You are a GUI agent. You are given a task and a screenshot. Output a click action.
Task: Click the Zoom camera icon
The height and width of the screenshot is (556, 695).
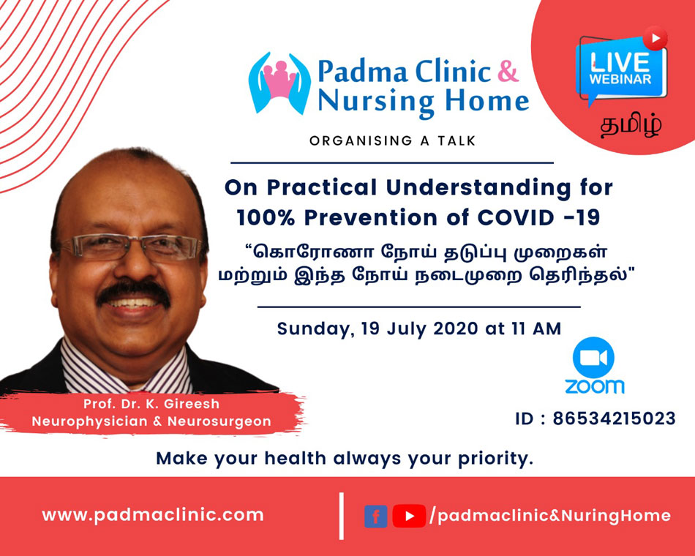pos(593,358)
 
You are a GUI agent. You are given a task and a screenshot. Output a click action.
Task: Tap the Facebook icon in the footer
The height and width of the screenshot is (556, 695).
pos(376,516)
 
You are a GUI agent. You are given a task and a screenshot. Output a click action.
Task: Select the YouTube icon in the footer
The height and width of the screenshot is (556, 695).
pos(409,516)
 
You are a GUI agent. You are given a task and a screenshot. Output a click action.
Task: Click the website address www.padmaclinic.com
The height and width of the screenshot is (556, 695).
pos(153,515)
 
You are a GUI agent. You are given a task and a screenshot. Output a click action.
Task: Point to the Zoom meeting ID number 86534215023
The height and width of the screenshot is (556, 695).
pos(614,418)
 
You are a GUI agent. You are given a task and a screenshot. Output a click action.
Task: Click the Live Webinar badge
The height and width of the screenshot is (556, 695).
pos(621,66)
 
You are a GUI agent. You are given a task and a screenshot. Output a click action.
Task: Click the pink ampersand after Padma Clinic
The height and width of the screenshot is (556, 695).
pos(508,71)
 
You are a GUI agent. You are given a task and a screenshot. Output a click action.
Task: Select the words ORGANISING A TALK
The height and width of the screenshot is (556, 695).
pos(393,141)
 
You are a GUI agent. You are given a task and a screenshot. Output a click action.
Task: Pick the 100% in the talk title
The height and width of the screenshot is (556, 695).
pos(266,218)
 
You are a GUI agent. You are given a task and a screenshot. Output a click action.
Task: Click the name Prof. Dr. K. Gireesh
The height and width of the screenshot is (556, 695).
pos(151,404)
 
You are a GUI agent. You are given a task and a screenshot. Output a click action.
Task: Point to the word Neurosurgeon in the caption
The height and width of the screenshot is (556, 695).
pos(219,421)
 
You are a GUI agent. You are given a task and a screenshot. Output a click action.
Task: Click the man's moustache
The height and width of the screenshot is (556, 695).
pos(133,292)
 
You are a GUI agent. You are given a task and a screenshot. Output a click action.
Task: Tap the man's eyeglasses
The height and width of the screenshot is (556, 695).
pos(131,247)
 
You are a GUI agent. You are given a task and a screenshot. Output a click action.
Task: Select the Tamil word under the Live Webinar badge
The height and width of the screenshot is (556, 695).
pos(631,126)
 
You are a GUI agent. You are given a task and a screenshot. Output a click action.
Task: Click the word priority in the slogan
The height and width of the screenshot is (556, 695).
pos(495,459)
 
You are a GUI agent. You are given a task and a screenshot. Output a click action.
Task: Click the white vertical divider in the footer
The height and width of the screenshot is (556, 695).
pos(342,516)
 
